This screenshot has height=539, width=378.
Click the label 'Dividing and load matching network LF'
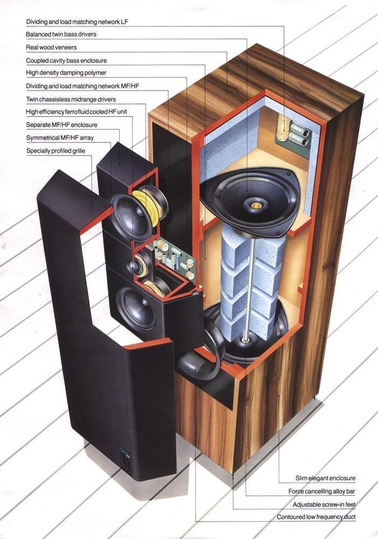coord(78,22)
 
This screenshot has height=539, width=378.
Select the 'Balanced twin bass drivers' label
coord(61,34)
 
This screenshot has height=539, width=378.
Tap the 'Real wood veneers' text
coord(51,47)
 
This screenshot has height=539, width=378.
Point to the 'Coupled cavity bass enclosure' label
coord(66,60)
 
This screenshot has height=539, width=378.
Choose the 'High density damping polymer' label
coord(66,73)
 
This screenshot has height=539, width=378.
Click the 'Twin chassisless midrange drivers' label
coord(71,99)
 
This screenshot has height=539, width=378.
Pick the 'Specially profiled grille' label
coord(56,150)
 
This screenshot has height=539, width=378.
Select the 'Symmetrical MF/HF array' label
coord(60,138)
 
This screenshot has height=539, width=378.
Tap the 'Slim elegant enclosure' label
coord(325,478)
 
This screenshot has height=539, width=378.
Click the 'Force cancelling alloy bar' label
coord(321,492)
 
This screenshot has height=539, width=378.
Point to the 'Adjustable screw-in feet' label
coord(324,505)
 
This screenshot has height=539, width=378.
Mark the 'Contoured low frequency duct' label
coord(316,517)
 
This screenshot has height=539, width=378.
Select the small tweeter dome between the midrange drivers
coord(134,266)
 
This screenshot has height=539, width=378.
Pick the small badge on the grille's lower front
coord(125,458)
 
